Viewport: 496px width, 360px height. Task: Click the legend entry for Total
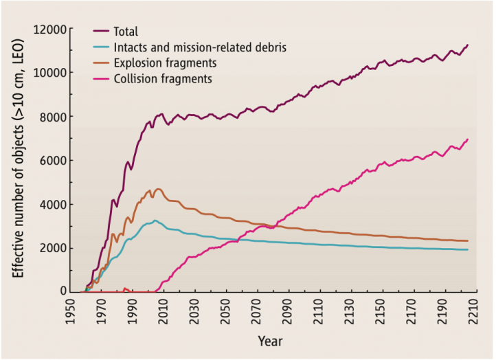[x=126, y=32]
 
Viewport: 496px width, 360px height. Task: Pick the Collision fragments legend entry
[x=164, y=79]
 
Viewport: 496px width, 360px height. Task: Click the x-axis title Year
[x=270, y=341]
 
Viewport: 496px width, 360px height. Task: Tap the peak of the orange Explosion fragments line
[x=159, y=189]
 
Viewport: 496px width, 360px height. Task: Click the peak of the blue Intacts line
[x=155, y=221]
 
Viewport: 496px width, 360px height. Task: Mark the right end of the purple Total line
[x=468, y=45]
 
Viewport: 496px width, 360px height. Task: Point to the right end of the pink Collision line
[x=468, y=139]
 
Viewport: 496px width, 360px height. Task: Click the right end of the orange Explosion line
[x=468, y=240]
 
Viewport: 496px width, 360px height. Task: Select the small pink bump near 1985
[x=125, y=289]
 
